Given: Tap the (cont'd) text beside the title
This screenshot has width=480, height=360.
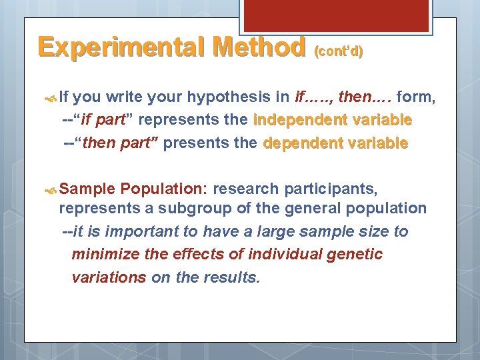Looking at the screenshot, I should (x=338, y=51).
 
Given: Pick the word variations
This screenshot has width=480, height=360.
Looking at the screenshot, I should (x=109, y=277).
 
